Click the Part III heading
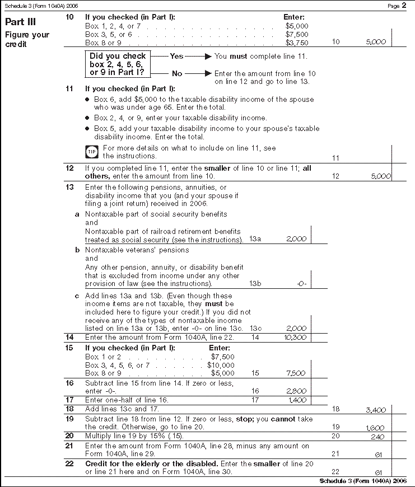[21, 22]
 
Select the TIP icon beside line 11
[91, 152]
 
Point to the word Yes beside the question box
[176, 56]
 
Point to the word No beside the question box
[177, 73]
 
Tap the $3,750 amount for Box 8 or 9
[296, 43]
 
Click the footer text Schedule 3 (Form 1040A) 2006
[366, 481]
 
